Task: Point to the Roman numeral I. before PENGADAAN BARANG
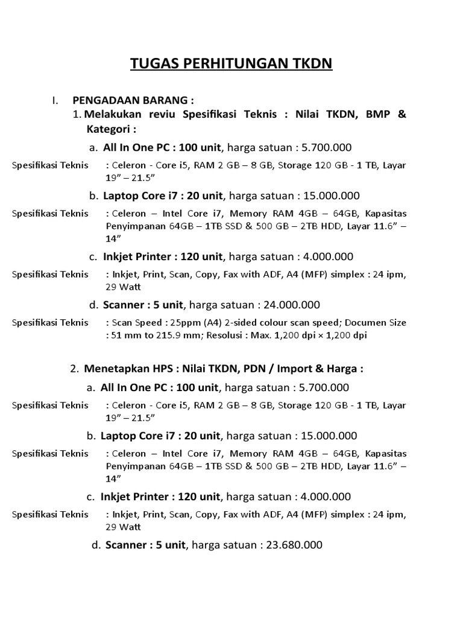[55, 100]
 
